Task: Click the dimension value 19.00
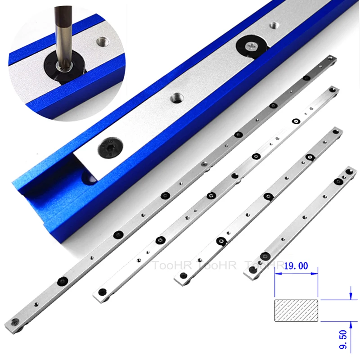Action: (295, 266)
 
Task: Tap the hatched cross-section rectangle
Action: (296, 308)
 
